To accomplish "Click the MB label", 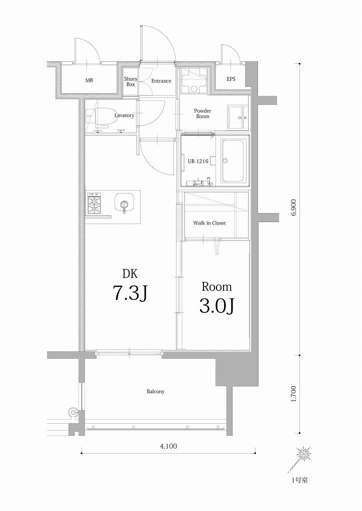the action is pos(89,80).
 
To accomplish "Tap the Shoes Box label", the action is pos(130,81).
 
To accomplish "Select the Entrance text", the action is pos(161,81).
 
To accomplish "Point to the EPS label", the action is pos(231,79).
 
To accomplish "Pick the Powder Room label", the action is pos(202,113).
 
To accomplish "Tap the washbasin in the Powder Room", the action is pos(237,117).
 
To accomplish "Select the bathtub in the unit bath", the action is pos(233,161).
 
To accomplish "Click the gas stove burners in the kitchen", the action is pos(94,203).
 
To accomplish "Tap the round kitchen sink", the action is pos(123,204).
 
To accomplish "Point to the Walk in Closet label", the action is pos(209,223).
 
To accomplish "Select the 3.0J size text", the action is pos(216,305).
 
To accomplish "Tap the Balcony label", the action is pos(155,391).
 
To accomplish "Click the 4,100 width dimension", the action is pos(168,446).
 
